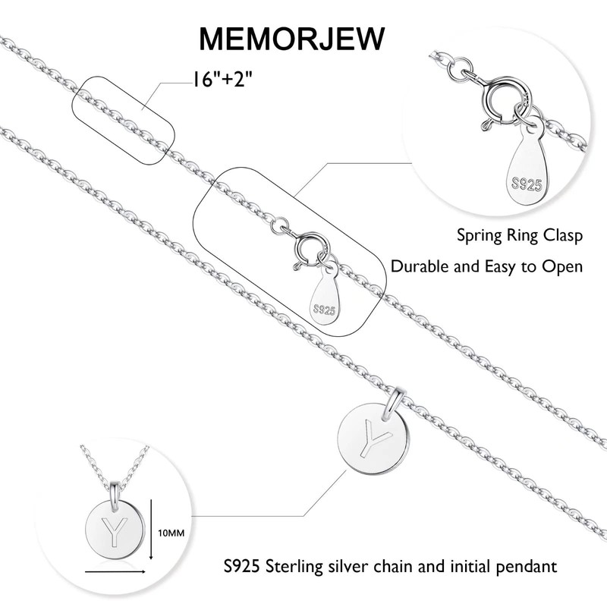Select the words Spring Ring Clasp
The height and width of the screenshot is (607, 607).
point(520,236)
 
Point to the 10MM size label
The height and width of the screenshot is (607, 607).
point(171,533)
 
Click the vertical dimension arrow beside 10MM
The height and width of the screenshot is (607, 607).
point(153,529)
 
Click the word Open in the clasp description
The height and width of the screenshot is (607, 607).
point(562,266)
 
